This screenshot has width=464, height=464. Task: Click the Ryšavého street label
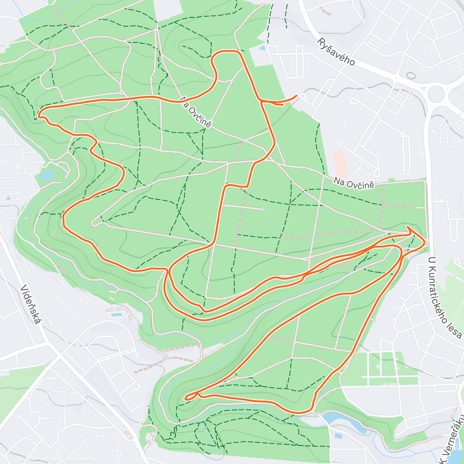click(336, 52)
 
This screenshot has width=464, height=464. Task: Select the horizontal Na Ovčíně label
click(354, 183)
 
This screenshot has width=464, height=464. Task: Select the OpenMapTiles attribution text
click(41, 459)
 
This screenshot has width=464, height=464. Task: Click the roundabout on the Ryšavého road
click(437, 93)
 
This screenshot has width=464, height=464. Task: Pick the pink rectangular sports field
click(339, 164)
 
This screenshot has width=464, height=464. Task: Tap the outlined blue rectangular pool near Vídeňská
click(115, 314)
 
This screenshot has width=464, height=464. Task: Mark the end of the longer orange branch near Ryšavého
click(297, 95)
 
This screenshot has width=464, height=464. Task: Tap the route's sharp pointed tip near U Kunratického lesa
click(408, 227)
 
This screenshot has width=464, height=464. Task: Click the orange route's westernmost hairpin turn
click(39, 114)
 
